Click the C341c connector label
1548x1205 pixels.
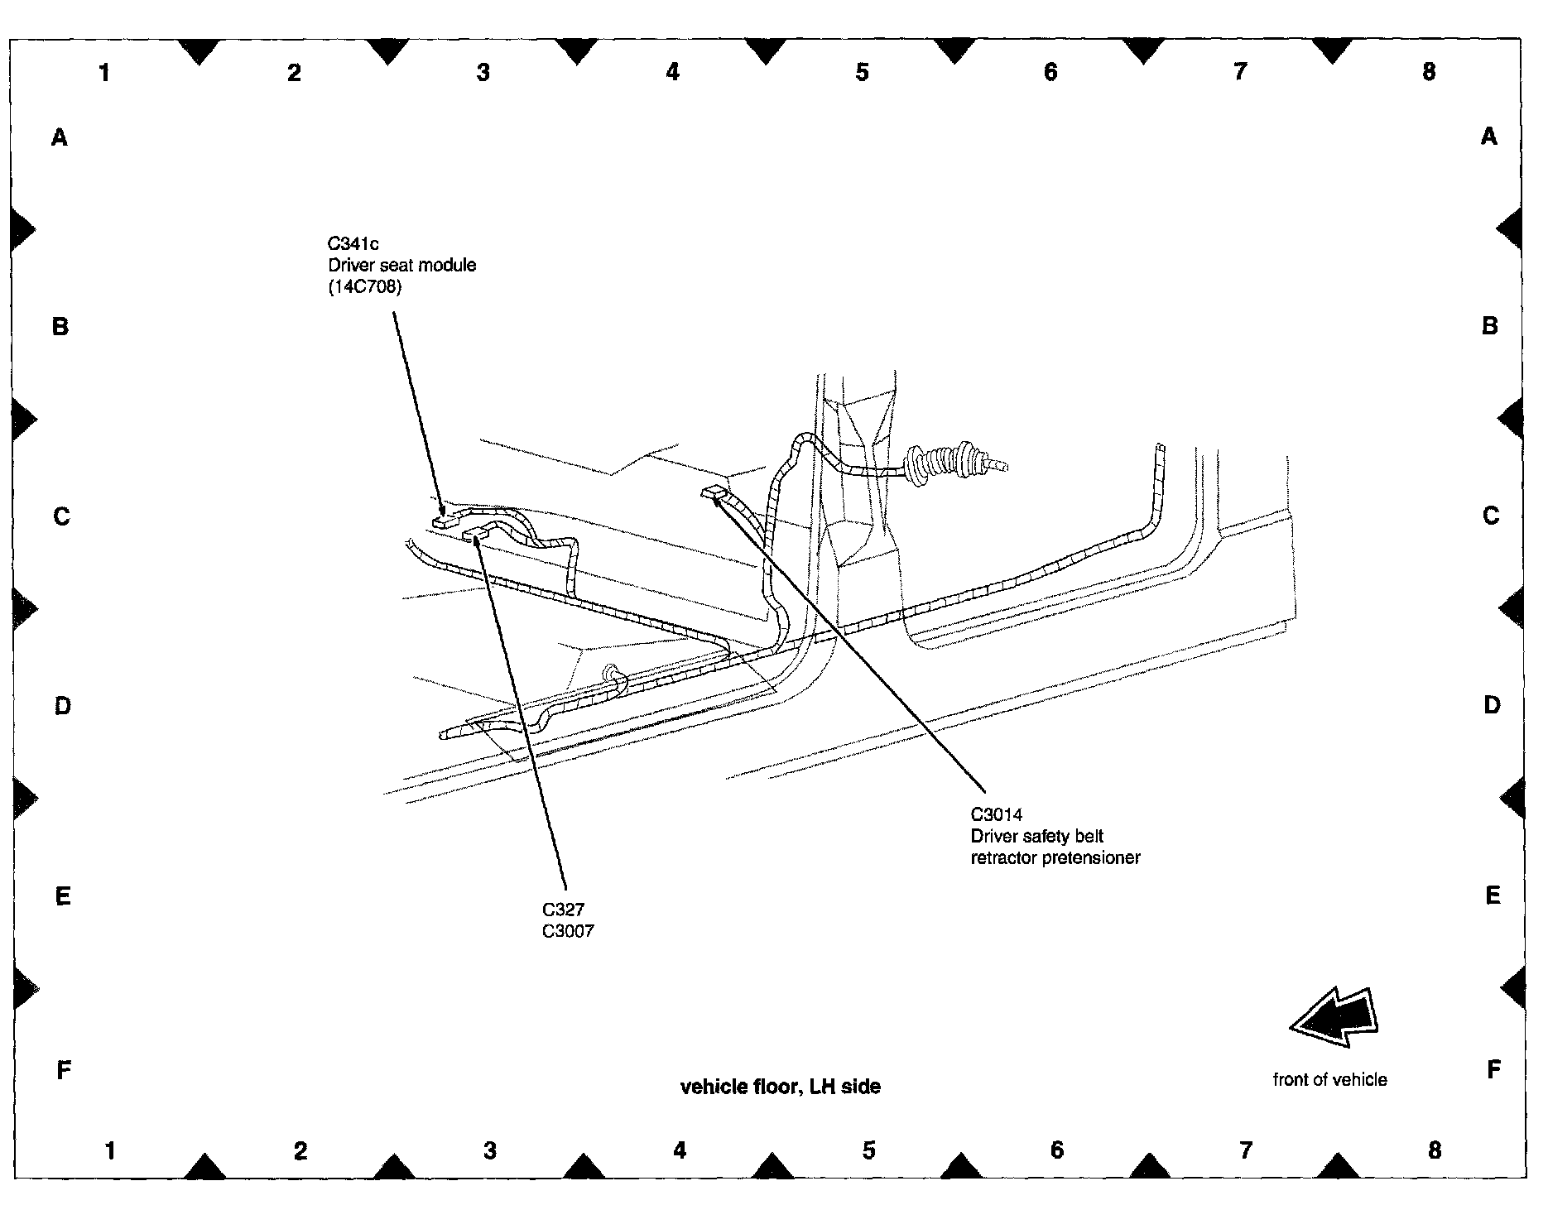pyautogui.click(x=353, y=244)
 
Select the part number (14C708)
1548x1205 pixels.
pyautogui.click(x=365, y=287)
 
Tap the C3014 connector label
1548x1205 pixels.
pyautogui.click(x=997, y=815)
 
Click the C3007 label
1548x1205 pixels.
pyautogui.click(x=568, y=931)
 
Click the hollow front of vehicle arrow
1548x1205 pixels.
pyautogui.click(x=1334, y=1016)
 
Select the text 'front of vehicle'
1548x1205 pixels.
pyautogui.click(x=1329, y=1079)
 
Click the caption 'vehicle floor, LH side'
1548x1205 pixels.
pyautogui.click(x=780, y=1087)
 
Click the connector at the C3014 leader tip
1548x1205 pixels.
pyautogui.click(x=713, y=493)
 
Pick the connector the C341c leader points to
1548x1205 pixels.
pyautogui.click(x=443, y=521)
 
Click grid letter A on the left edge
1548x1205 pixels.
pyautogui.click(x=60, y=137)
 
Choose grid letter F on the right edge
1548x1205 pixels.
pyautogui.click(x=1493, y=1070)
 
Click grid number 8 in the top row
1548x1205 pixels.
pyautogui.click(x=1429, y=72)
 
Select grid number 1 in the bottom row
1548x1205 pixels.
pyautogui.click(x=110, y=1150)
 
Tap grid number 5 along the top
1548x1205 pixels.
pyautogui.click(x=862, y=73)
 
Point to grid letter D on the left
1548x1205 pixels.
pyautogui.click(x=62, y=706)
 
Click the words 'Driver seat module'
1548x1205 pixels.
pyautogui.click(x=401, y=266)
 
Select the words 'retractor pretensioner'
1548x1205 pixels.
pyautogui.click(x=1055, y=858)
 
